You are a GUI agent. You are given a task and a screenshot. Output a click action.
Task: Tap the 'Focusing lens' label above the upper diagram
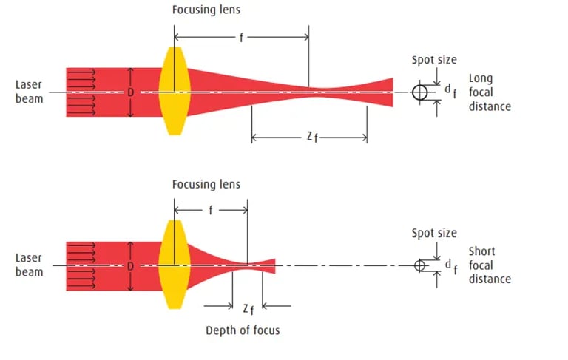click(206, 10)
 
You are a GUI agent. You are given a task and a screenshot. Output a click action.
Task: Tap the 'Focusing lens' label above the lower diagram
click(206, 184)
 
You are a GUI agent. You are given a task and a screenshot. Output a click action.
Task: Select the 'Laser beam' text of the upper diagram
click(29, 91)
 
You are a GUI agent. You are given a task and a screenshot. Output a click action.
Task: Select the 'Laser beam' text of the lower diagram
click(29, 265)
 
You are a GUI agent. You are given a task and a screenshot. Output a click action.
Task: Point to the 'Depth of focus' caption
click(243, 330)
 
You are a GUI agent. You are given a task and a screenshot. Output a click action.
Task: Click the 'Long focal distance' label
click(489, 92)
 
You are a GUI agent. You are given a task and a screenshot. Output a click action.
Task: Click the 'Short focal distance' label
click(489, 265)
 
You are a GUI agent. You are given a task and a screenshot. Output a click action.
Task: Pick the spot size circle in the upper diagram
click(419, 92)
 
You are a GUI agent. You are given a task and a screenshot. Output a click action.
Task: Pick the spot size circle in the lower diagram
click(419, 265)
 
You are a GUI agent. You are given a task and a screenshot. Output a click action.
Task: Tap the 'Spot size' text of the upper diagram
click(434, 60)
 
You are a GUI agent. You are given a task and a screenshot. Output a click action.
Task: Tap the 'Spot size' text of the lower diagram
click(434, 234)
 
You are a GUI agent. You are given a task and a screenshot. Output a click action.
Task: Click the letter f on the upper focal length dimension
click(240, 35)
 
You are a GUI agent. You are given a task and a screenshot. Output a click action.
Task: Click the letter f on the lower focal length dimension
click(211, 210)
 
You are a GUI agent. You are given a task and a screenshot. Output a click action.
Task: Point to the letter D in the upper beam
click(130, 92)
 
